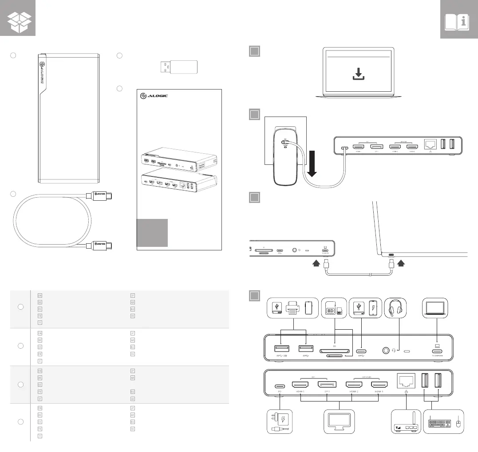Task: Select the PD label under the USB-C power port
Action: (x=280, y=392)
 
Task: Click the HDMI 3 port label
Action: (x=379, y=392)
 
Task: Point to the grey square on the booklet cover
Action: (x=152, y=232)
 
